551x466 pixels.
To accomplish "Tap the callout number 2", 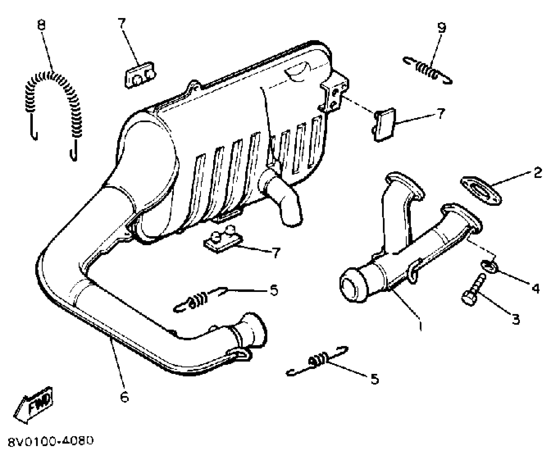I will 538,173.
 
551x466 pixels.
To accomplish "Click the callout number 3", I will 516,319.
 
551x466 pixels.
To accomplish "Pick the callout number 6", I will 124,397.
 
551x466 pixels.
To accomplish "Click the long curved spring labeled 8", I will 52,104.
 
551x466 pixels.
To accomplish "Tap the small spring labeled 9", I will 427,71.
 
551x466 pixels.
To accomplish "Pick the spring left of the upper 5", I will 200,299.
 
